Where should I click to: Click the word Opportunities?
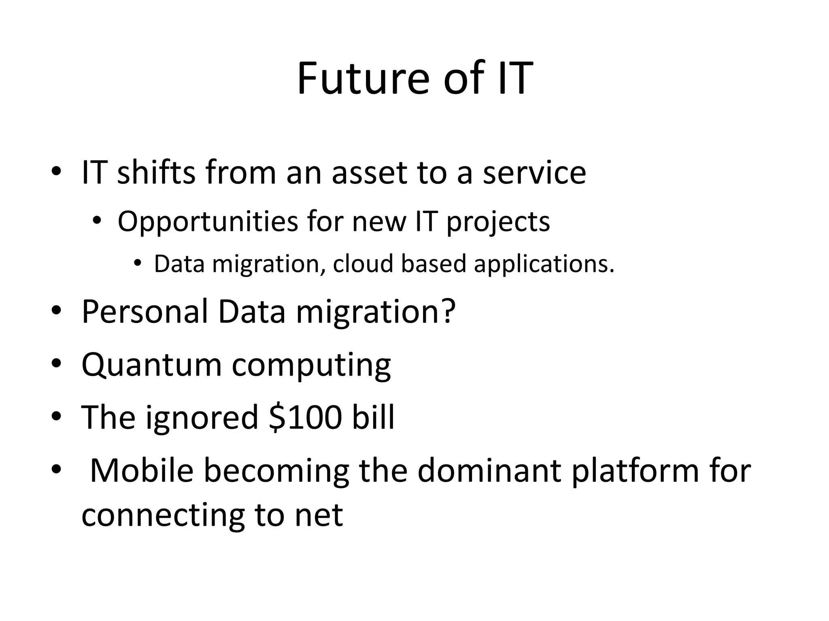click(x=208, y=222)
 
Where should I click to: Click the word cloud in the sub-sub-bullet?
click(x=363, y=264)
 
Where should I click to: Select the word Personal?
click(x=145, y=312)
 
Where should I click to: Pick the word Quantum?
click(x=151, y=365)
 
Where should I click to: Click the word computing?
click(x=311, y=365)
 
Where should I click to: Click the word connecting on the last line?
click(x=163, y=516)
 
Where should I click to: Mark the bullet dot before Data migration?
click(x=138, y=263)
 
